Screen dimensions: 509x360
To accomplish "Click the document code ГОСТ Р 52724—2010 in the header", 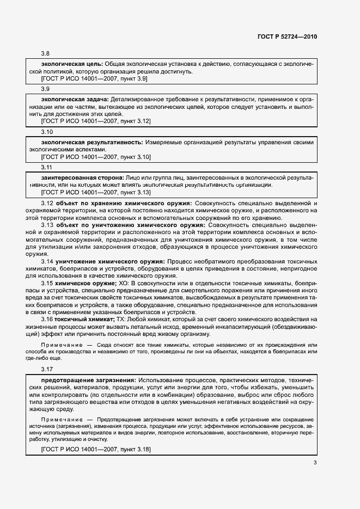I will click(x=287, y=36).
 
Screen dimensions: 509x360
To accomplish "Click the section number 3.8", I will click(x=45, y=54).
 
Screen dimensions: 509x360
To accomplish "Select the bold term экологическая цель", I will click(x=72, y=64).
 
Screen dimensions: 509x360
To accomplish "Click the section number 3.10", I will click(x=47, y=132).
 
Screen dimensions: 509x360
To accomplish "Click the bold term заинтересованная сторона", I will click(x=82, y=178).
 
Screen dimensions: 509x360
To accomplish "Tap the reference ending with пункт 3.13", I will click(x=96, y=192).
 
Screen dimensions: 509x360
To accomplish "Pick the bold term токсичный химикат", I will click(x=84, y=320).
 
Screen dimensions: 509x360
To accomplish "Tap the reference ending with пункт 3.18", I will click(x=96, y=449).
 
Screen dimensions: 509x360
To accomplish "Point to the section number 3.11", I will click(x=47, y=168).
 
